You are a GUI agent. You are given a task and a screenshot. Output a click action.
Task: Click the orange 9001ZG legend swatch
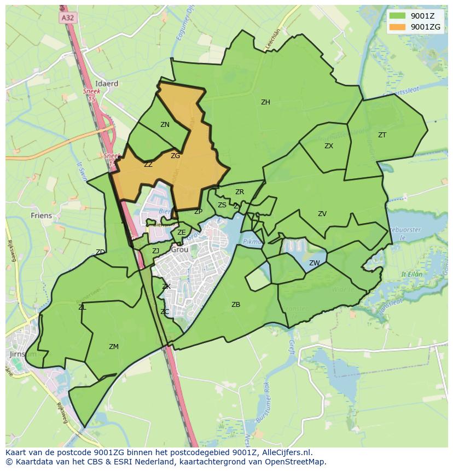coord(398,27)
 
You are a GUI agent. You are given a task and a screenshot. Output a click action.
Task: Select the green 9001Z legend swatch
coord(398,16)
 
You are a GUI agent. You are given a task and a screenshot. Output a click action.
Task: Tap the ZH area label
coord(265,102)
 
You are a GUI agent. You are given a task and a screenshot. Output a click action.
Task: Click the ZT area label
coord(382,135)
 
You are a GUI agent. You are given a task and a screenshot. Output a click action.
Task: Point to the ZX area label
coord(329,146)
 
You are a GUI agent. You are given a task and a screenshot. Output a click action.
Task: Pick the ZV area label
coord(322,214)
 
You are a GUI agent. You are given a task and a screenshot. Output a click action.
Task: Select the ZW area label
coord(314,263)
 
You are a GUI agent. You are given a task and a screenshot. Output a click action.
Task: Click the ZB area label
coord(236,305)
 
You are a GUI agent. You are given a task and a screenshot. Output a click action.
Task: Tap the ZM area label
coord(114,347)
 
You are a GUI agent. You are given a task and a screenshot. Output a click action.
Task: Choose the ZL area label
coord(82,307)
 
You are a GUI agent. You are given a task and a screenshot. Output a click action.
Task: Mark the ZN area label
coord(165,125)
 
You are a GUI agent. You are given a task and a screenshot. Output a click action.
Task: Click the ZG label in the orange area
coord(175,156)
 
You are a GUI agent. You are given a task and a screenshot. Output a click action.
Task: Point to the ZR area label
coord(240,192)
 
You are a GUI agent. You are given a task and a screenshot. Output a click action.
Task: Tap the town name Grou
coord(179,249)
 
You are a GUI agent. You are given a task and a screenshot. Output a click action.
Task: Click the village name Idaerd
coord(107,84)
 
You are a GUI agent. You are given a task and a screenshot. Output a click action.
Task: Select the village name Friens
coord(42,216)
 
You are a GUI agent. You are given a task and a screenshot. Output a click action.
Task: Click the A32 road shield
coord(67,18)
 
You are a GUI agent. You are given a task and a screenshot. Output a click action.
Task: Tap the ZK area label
coord(166,287)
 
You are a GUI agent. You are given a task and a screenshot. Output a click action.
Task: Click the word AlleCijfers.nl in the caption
coord(284,452)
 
